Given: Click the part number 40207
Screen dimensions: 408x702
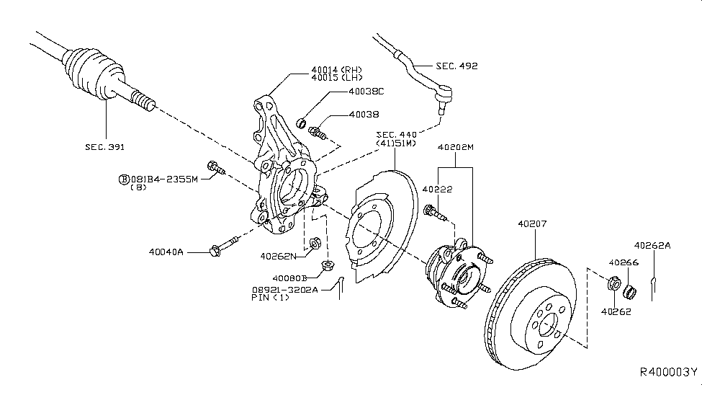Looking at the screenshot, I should click(x=532, y=224).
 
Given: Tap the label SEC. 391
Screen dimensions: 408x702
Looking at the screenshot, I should click(x=105, y=147).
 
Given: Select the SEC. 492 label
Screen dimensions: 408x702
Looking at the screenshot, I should click(x=457, y=66).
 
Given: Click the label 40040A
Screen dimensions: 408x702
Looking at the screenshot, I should click(x=167, y=252).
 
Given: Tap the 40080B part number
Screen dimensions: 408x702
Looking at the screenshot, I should click(x=290, y=277).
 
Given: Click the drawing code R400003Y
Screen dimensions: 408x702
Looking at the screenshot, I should click(x=669, y=373).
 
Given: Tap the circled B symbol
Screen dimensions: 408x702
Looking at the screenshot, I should click(x=123, y=178).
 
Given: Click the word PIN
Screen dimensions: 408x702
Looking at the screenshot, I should click(x=261, y=297).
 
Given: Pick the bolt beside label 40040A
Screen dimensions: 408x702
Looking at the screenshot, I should click(x=224, y=245).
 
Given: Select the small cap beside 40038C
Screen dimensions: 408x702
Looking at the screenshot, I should click(x=302, y=120).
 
